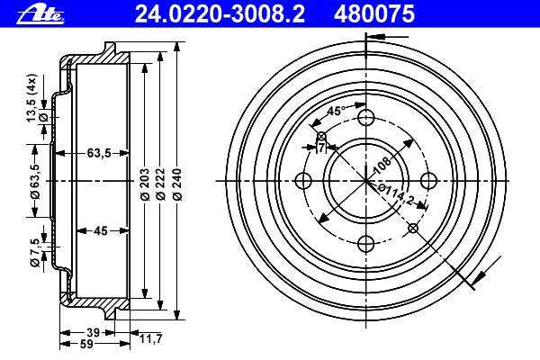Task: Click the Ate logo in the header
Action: coord(40,15)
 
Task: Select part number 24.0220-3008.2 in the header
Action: coord(220,14)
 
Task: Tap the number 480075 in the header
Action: coord(374,14)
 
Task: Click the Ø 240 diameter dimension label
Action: coord(177,184)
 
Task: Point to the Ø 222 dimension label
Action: coord(160,184)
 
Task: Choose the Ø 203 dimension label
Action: coord(145,184)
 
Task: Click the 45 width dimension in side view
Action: coord(101,230)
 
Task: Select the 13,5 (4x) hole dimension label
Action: coord(31,98)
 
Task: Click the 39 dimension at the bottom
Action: coord(93,333)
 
